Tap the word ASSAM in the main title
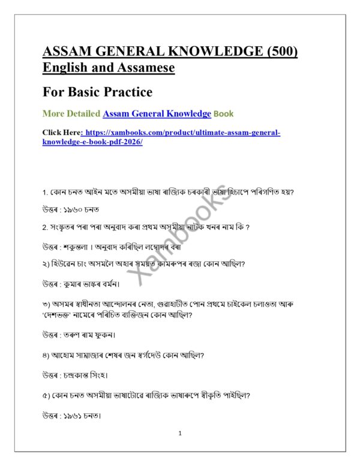(68, 52)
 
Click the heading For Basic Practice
(97, 92)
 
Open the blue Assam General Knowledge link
(157, 113)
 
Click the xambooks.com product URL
(162, 137)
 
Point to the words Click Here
(61, 132)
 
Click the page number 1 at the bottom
(179, 433)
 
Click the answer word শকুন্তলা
(82, 247)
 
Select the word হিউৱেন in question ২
(65, 263)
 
